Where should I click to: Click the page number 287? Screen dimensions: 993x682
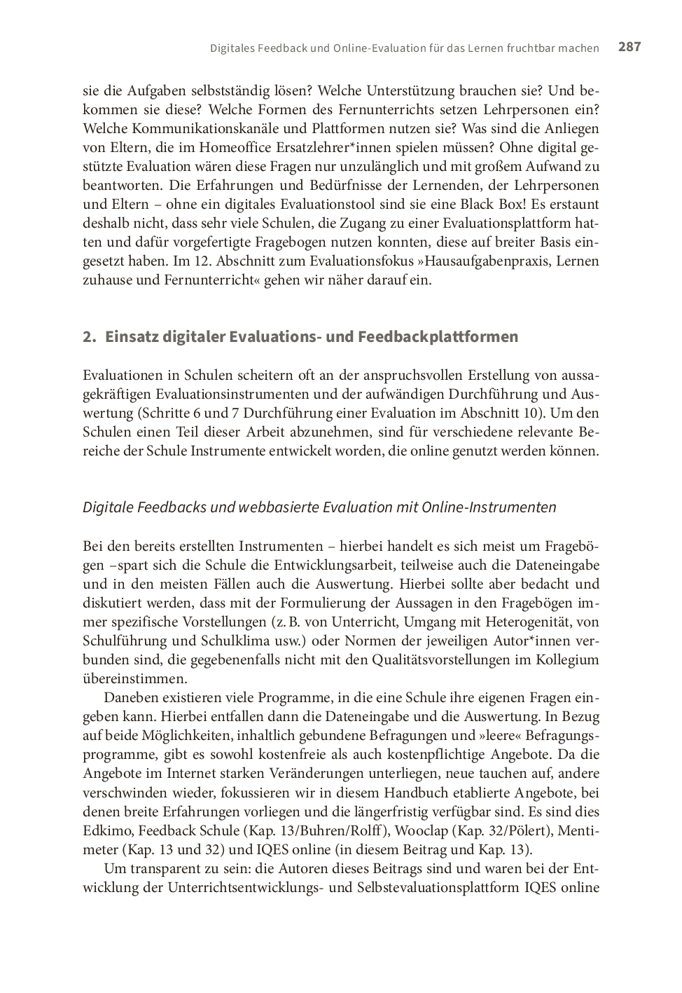[x=629, y=47]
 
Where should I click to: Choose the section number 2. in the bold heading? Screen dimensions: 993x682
[x=89, y=337]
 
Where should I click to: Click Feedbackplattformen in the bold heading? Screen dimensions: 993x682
[x=438, y=337]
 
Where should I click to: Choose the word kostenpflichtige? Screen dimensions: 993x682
[x=408, y=755]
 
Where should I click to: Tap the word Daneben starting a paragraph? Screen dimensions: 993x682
[x=133, y=698]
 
